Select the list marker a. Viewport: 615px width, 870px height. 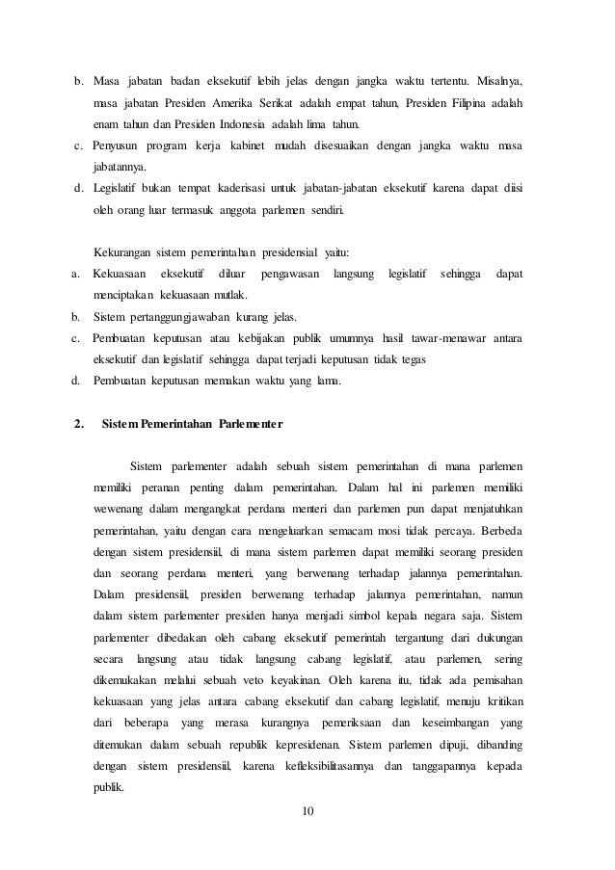click(75, 275)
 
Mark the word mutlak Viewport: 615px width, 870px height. click(230, 295)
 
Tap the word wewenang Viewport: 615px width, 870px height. click(120, 506)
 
